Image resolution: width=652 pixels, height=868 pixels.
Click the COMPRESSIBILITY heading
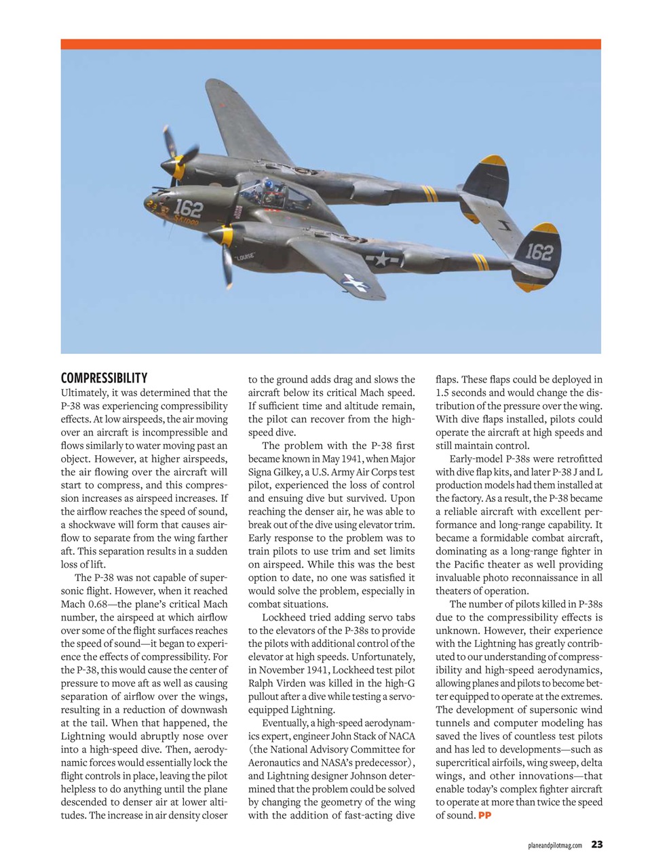tap(104, 378)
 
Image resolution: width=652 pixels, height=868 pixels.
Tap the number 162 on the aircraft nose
tap(188, 208)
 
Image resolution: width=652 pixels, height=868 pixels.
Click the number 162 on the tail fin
tap(539, 252)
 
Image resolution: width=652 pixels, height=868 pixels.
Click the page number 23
tap(596, 844)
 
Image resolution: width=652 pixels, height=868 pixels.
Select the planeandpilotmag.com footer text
tap(554, 845)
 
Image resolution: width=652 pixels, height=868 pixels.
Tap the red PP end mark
tap(484, 815)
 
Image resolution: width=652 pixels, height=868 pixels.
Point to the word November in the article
tap(280, 670)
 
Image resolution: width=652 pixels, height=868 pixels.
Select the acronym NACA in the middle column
tap(400, 736)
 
